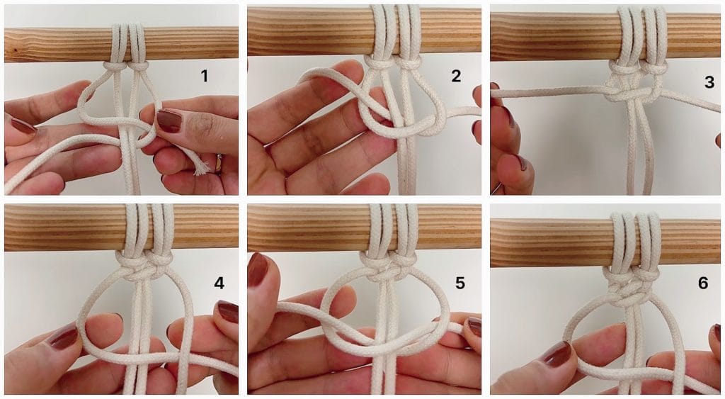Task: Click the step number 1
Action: (204, 76)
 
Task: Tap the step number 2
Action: (456, 76)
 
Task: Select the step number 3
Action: (709, 82)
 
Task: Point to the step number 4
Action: (219, 283)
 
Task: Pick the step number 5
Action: (459, 283)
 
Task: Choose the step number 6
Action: (703, 283)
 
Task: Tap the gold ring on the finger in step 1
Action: (219, 163)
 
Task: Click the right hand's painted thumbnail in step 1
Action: (169, 120)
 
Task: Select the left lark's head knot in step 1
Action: (115, 66)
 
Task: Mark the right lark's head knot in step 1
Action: (137, 66)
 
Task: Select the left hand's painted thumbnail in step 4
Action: (64, 337)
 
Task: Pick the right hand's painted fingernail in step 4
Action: (227, 311)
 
